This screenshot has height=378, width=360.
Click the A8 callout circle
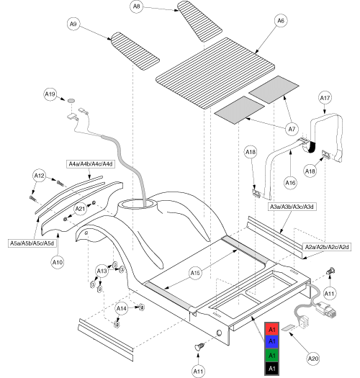click(x=137, y=6)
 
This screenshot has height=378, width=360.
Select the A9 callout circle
click(x=73, y=24)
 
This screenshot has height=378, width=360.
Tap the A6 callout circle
click(x=281, y=21)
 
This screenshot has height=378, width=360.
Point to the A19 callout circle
click(x=50, y=94)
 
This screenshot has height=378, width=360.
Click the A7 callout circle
click(x=292, y=129)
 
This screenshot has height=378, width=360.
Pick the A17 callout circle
click(x=325, y=98)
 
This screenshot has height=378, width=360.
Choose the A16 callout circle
click(x=290, y=183)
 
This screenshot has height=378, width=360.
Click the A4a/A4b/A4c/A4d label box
click(x=91, y=164)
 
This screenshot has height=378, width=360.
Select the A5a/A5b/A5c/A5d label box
click(x=32, y=243)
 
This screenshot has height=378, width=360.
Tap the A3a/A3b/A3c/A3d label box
click(x=292, y=207)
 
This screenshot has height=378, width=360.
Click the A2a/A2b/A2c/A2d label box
click(x=327, y=247)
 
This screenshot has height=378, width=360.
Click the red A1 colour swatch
click(x=272, y=329)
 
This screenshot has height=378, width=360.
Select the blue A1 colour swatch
click(x=272, y=341)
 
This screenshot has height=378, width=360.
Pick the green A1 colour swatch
click(x=272, y=356)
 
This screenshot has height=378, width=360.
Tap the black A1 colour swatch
click(x=272, y=369)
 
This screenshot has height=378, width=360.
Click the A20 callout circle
click(x=313, y=359)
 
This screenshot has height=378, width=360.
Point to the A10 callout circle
click(x=58, y=262)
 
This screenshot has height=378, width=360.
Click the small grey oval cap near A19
click(x=71, y=101)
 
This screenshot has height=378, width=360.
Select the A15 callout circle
click(x=195, y=273)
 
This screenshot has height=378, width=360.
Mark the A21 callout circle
click(x=80, y=209)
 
